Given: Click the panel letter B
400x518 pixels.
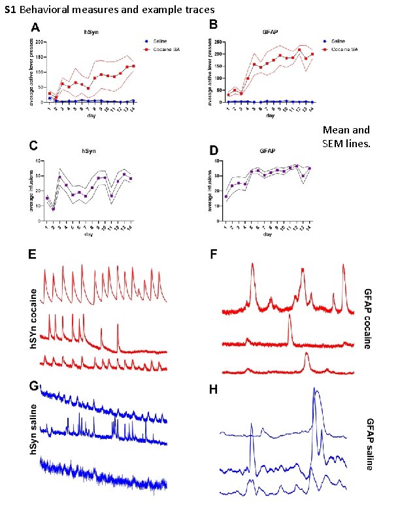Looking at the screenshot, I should (x=213, y=25).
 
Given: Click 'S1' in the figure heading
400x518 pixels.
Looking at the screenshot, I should (x=9, y=9).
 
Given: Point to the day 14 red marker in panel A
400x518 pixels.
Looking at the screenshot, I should (x=133, y=66).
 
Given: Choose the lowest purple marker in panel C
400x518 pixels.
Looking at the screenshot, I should (x=54, y=209).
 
